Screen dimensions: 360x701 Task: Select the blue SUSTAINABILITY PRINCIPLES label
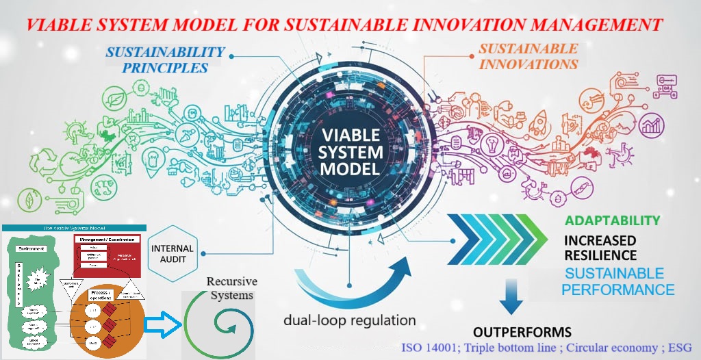(166, 60)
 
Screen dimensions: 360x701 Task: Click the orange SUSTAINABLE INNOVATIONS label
(528, 57)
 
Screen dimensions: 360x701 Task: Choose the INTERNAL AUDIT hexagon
(172, 253)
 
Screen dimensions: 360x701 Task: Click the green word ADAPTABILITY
(612, 221)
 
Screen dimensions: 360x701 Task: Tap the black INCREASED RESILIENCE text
(600, 248)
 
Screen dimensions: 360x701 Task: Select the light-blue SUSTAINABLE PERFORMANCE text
(617, 282)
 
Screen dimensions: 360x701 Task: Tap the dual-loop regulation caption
(350, 320)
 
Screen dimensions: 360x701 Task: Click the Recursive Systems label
(229, 288)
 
